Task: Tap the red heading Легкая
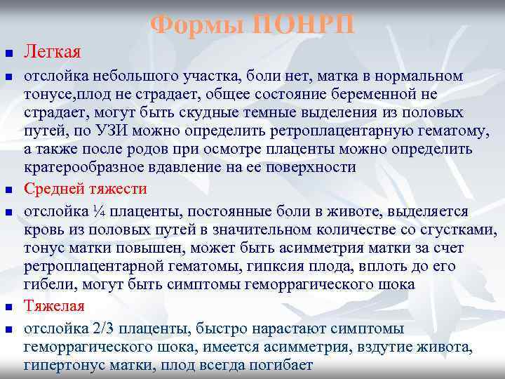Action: [x=53, y=52]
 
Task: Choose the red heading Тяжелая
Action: [x=54, y=306]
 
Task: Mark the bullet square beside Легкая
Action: [x=8, y=53]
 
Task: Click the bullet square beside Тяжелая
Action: [x=8, y=307]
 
